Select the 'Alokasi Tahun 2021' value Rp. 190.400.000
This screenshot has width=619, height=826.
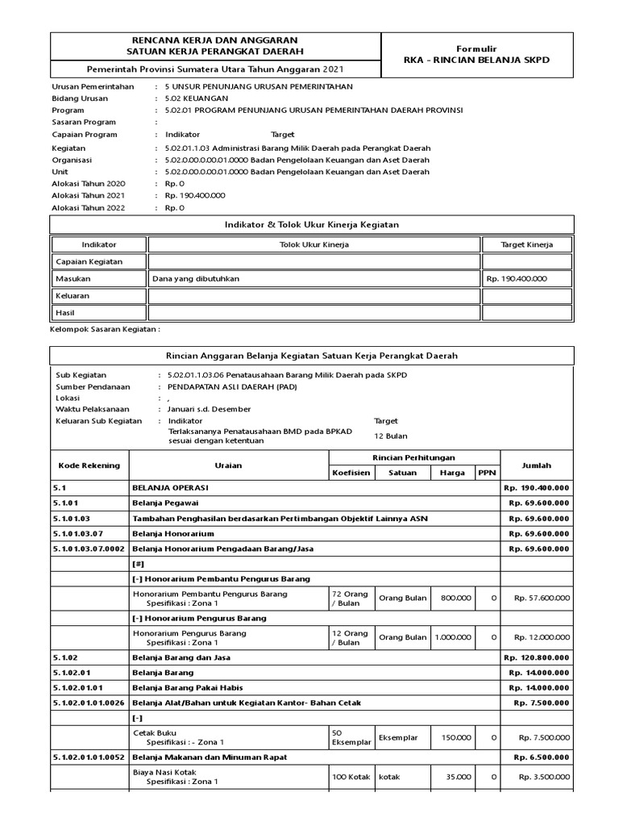tap(195, 195)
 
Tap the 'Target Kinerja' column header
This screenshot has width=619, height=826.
tap(527, 244)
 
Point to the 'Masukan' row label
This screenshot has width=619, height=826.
tap(73, 278)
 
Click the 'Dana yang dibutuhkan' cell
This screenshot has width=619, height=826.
tap(196, 278)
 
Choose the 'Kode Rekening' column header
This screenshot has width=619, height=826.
tap(89, 465)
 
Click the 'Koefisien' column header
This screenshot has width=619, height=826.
tap(351, 473)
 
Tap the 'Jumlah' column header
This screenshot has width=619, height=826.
tap(537, 465)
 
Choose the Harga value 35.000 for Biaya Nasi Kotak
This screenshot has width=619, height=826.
tap(457, 776)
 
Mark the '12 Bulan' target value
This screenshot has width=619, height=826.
tap(390, 436)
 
